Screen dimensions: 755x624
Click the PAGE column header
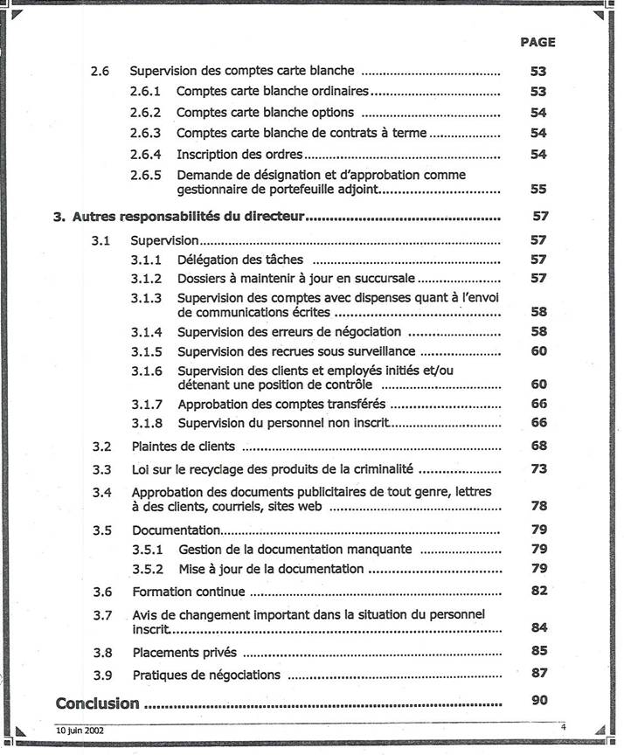(537, 42)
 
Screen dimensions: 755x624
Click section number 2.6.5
(146, 175)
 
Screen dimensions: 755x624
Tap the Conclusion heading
(97, 703)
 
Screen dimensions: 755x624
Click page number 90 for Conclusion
(538, 701)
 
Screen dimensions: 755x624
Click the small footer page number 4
(564, 727)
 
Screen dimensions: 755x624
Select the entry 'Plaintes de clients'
(171, 447)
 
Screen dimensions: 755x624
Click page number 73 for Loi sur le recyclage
(538, 469)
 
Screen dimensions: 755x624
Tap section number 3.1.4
(147, 332)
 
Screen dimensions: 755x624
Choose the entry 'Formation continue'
(177, 592)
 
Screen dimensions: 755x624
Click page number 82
(538, 592)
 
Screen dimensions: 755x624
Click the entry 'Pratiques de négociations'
(206, 675)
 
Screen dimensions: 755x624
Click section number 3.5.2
(147, 569)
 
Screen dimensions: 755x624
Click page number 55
(538, 189)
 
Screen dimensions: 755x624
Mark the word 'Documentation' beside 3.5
(176, 530)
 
